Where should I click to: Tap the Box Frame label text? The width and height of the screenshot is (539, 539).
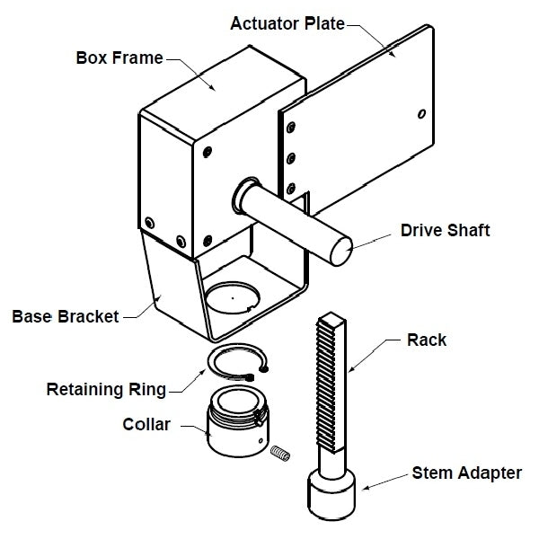pyautogui.click(x=119, y=58)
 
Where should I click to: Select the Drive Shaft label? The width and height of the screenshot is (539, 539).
pyautogui.click(x=445, y=231)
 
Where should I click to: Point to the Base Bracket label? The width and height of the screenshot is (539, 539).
pyautogui.click(x=66, y=316)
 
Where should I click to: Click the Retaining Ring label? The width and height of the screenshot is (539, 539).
pyautogui.click(x=106, y=390)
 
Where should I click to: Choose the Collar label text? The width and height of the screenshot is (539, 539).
pyautogui.click(x=146, y=424)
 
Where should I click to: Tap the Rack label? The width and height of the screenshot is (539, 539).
pyautogui.click(x=426, y=340)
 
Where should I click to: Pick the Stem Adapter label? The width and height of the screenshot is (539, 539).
pyautogui.click(x=467, y=472)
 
